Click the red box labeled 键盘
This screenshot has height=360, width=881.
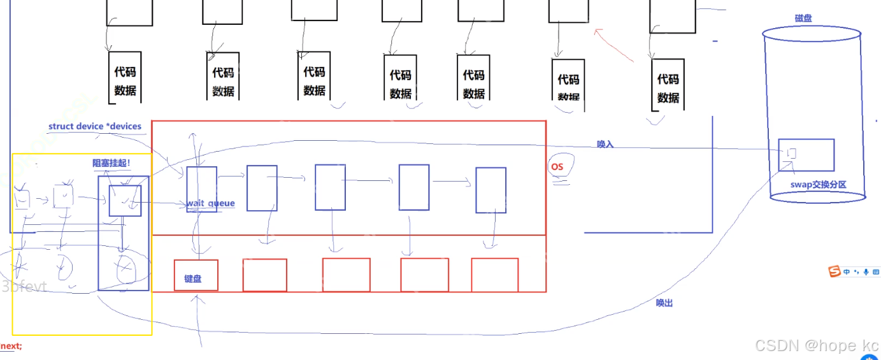click(x=196, y=275)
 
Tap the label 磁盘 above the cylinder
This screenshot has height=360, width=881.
click(x=803, y=18)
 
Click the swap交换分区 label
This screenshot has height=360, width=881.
click(x=819, y=185)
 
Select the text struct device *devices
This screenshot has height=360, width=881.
click(x=95, y=126)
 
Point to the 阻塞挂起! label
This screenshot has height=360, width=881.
click(x=111, y=163)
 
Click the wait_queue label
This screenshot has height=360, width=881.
click(x=210, y=204)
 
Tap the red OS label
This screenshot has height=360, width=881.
click(x=557, y=167)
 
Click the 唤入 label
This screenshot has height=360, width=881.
click(x=605, y=144)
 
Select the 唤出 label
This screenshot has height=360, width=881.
click(x=664, y=303)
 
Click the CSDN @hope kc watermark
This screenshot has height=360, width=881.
click(x=817, y=345)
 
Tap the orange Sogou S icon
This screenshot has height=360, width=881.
click(x=834, y=272)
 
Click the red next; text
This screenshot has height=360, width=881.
click(x=11, y=346)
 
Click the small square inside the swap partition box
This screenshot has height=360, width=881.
click(x=791, y=154)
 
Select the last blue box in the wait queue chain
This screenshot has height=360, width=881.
click(x=491, y=189)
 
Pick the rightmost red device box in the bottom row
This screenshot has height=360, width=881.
click(x=494, y=275)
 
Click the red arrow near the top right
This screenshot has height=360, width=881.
click(x=613, y=45)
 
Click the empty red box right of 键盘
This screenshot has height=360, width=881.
click(x=264, y=275)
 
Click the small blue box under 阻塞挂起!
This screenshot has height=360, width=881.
click(x=125, y=201)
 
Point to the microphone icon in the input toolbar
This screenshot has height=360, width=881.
click(x=866, y=272)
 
